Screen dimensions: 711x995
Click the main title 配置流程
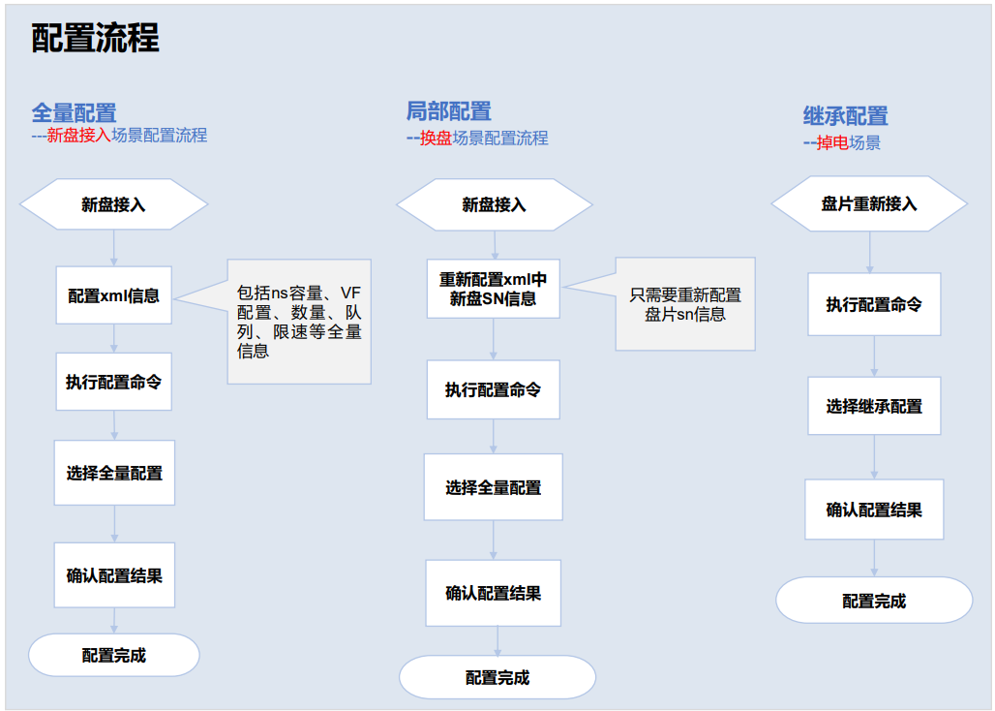[95, 39]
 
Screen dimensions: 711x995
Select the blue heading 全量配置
[74, 113]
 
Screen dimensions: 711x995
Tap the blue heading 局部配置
[448, 110]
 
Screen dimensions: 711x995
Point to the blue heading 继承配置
[845, 116]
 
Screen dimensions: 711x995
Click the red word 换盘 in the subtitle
[436, 139]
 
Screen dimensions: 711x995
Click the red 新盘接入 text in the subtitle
[78, 136]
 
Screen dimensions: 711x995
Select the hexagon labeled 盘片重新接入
[868, 203]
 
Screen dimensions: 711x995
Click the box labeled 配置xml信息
[114, 295]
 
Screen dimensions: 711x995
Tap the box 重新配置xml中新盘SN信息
[493, 289]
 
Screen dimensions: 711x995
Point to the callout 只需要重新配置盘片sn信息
[685, 304]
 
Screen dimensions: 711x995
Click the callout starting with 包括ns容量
[299, 322]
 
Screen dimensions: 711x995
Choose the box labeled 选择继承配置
[874, 407]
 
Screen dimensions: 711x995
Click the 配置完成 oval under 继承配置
[874, 601]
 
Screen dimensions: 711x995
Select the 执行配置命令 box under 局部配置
[493, 389]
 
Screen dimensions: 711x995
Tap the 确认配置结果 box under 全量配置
[114, 575]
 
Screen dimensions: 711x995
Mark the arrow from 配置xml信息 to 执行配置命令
[114, 338]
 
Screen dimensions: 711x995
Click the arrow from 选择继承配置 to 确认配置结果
[874, 456]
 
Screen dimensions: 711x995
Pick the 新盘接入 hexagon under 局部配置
[494, 204]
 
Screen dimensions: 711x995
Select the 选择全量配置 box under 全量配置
[114, 473]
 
